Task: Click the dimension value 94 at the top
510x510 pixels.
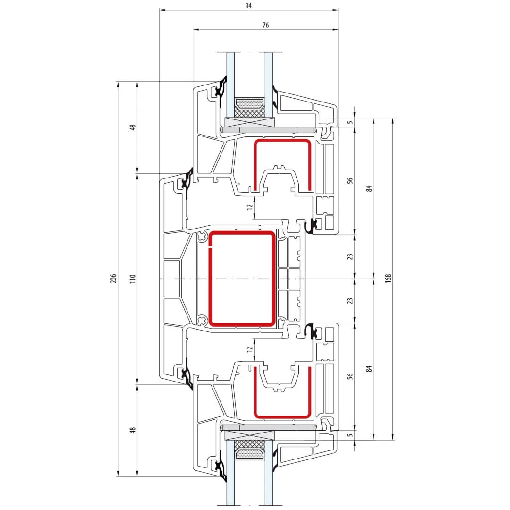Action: (248, 6)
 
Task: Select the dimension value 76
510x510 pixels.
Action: (266, 25)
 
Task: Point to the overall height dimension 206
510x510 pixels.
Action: (113, 279)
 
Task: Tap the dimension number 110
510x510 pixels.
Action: (132, 279)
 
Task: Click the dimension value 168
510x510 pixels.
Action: (388, 279)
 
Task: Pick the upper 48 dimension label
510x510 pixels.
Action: (132, 127)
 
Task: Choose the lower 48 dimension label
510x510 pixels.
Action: (132, 430)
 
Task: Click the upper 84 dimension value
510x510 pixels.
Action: (369, 188)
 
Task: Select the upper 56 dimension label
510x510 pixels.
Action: (349, 180)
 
